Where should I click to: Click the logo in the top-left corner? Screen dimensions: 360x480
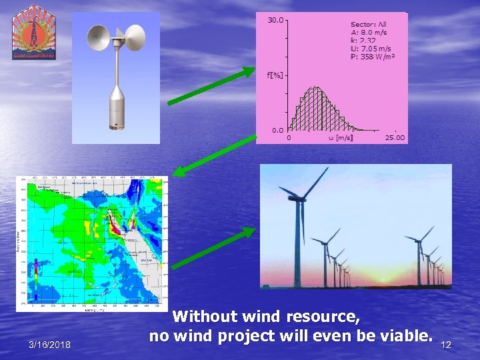coord(34,32)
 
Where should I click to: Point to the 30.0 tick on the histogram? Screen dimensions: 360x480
coord(275,20)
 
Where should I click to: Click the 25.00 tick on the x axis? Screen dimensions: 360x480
coord(395,138)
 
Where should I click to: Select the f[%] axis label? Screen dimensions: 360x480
coord(275,75)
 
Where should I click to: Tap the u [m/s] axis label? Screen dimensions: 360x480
coord(341,138)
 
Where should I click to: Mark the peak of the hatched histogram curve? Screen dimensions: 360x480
coord(317,87)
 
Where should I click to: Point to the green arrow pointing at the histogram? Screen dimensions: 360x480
coord(211,86)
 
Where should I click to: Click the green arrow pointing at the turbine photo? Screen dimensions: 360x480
coord(213,247)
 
